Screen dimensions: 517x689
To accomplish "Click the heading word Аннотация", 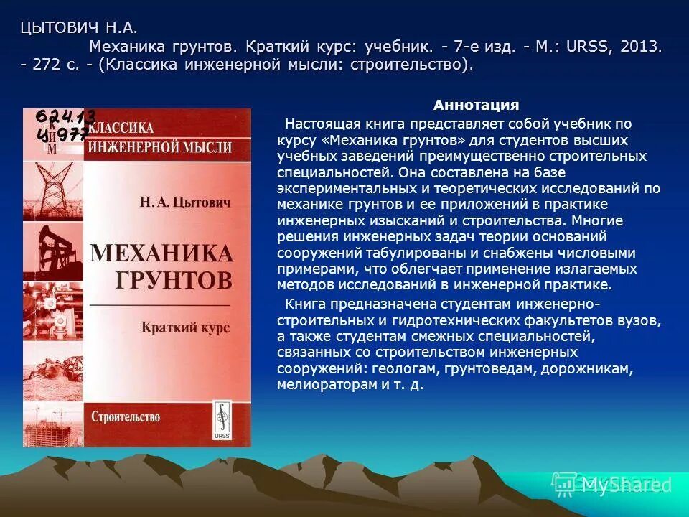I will pos(476,106).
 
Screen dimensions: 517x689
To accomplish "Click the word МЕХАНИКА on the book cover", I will pos(161,253).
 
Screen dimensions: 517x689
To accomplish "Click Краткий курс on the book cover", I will pos(185,327).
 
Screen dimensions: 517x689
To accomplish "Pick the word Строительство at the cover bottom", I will pos(126,416).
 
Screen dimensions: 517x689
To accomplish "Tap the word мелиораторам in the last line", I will pos(320,385).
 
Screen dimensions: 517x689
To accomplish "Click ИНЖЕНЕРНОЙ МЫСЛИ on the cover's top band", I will pos(159,147).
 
